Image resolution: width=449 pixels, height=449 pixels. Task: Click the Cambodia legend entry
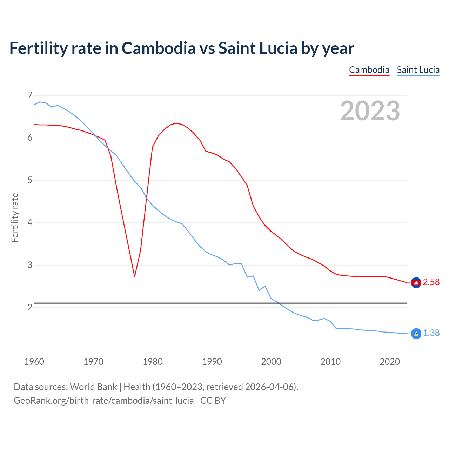(369, 70)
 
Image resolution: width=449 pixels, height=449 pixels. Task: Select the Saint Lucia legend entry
(418, 70)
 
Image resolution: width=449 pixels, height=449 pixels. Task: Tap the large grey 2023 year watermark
(370, 111)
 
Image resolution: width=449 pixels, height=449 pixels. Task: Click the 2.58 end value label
(431, 282)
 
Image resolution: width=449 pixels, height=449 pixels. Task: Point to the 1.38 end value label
(431, 333)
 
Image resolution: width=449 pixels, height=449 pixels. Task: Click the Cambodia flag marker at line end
(416, 283)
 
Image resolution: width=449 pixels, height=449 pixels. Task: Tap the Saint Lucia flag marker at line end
(416, 334)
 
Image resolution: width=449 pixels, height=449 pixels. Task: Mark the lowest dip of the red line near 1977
(134, 276)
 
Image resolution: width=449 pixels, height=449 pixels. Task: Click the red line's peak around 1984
(176, 123)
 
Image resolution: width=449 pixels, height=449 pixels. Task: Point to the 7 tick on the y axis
(30, 95)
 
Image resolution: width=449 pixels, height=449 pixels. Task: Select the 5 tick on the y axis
(30, 180)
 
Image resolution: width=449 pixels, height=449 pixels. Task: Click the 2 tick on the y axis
(30, 308)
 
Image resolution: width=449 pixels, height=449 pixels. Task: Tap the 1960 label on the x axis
(34, 362)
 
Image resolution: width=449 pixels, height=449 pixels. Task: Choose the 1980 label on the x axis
(153, 362)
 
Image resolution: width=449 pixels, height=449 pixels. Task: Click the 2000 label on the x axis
(271, 362)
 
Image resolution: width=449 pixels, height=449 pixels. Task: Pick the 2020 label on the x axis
(390, 362)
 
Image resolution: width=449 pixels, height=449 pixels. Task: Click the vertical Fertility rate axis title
(15, 217)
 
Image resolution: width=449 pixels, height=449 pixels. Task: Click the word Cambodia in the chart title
(159, 48)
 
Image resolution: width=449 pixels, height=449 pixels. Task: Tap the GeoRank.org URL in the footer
(103, 400)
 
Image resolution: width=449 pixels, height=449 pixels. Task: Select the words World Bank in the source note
(93, 387)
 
